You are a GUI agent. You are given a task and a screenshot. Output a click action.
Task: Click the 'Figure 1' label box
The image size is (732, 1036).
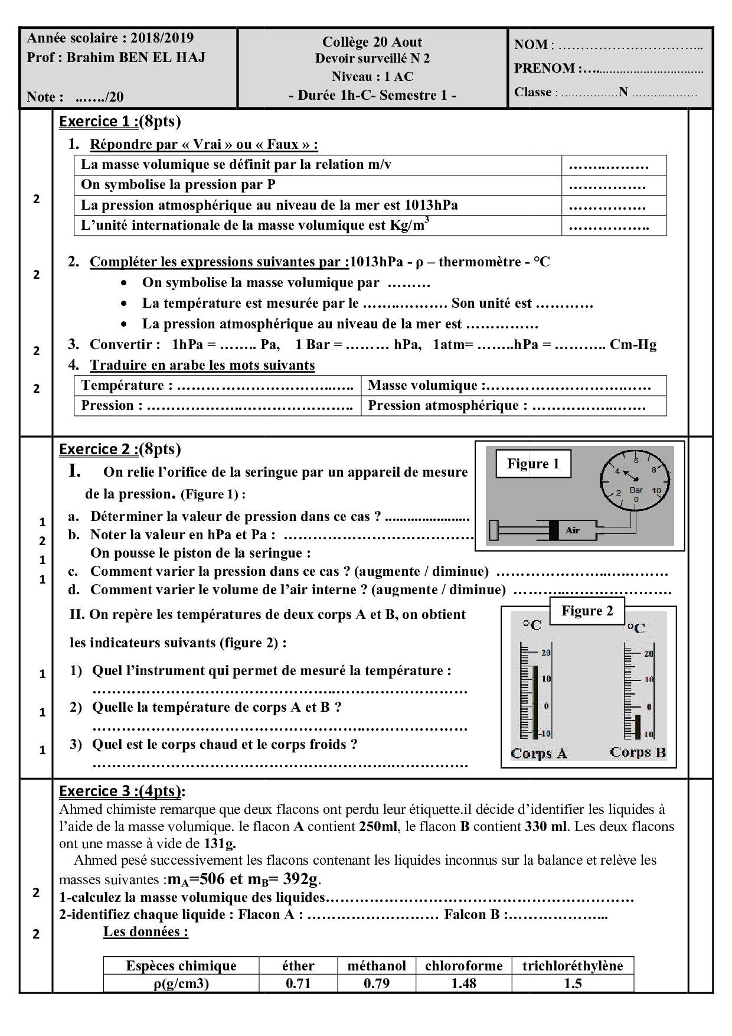click(533, 464)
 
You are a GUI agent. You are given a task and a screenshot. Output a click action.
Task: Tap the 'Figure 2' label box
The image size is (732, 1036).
click(587, 611)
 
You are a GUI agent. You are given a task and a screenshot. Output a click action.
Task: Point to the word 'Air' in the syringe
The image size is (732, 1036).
click(572, 530)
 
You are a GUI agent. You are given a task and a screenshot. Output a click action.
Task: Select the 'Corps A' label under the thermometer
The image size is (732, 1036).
click(538, 753)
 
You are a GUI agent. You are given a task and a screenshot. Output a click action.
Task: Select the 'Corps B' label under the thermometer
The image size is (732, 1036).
click(638, 752)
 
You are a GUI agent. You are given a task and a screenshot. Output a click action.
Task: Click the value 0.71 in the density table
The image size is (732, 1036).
click(298, 983)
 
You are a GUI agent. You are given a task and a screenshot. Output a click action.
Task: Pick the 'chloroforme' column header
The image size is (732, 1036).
click(463, 965)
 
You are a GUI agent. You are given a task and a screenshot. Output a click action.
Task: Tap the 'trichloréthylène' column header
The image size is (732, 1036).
click(573, 965)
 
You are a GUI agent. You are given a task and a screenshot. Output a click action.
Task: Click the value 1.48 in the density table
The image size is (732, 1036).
click(463, 983)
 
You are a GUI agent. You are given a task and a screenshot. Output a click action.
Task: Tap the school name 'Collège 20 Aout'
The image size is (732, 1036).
click(372, 42)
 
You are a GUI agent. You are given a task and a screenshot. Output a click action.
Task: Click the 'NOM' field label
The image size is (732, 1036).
click(531, 45)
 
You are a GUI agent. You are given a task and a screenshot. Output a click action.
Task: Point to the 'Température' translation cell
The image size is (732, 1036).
click(217, 386)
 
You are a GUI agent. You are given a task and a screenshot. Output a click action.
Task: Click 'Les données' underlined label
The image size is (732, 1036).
click(146, 931)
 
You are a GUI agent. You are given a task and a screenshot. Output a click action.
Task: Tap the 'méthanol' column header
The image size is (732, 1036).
click(377, 965)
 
